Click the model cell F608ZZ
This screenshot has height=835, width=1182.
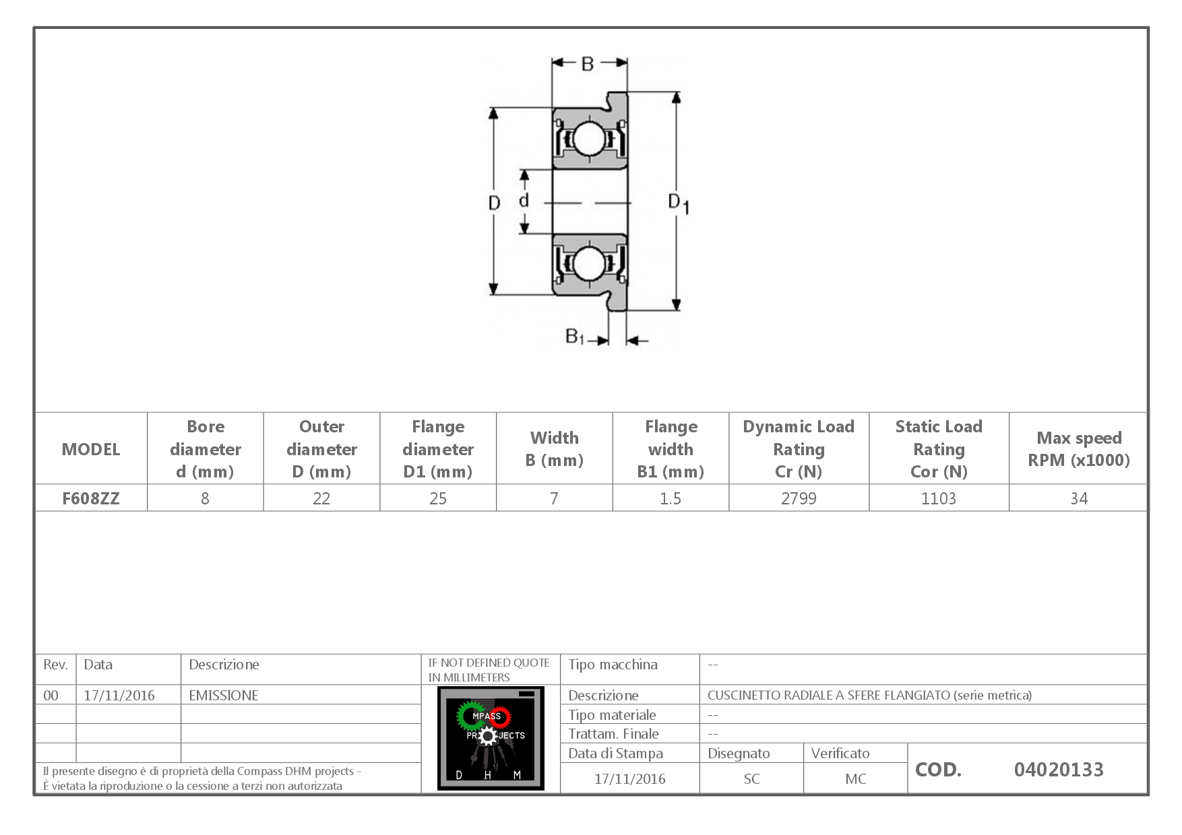[91, 498]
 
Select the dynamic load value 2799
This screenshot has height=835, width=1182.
[799, 498]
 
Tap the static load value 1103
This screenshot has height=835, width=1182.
[939, 498]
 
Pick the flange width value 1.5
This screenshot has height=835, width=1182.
[671, 498]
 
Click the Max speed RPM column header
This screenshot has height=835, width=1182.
[1079, 448]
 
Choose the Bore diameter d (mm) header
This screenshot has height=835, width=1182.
[206, 448]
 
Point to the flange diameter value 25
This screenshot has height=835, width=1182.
[438, 498]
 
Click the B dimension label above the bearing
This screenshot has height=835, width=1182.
[588, 63]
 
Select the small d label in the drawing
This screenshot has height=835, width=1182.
[524, 200]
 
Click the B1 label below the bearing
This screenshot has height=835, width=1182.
[574, 335]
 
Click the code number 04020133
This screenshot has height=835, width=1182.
[1059, 769]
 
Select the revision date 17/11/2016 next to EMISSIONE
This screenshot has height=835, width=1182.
[119, 695]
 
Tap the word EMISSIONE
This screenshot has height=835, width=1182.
[224, 695]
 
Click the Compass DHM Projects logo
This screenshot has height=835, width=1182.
[491, 738]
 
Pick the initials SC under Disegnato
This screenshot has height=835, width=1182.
[751, 778]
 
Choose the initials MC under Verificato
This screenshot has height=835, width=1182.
[855, 778]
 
